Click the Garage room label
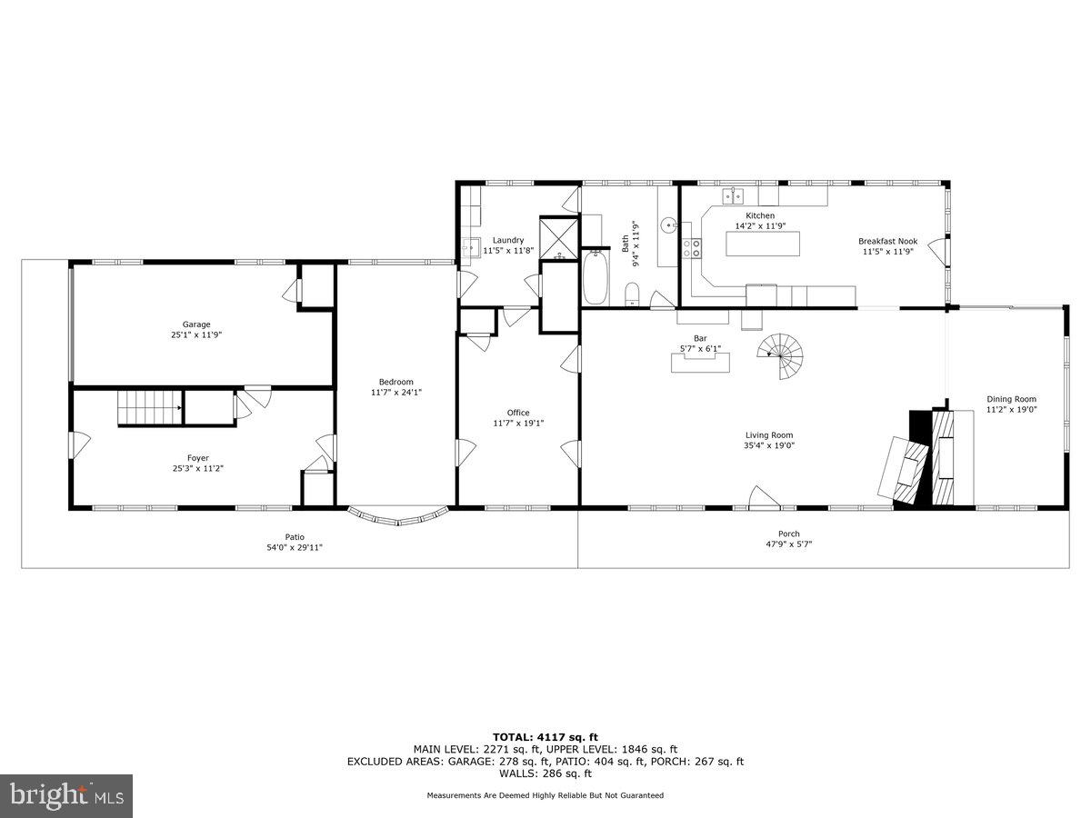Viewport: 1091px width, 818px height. point(196,324)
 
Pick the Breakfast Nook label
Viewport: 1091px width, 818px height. point(887,242)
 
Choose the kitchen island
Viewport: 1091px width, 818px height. point(762,244)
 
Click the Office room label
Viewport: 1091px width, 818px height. point(518,413)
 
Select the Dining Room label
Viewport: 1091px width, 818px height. point(1011,399)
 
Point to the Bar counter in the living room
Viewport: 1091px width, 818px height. point(701,363)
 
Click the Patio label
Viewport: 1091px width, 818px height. point(295,536)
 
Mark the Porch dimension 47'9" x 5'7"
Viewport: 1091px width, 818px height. point(788,544)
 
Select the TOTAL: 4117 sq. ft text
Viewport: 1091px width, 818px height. point(545,737)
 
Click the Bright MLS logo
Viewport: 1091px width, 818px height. point(67,795)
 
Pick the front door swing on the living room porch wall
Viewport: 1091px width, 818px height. point(762,497)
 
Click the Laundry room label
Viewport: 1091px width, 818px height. point(508,240)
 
